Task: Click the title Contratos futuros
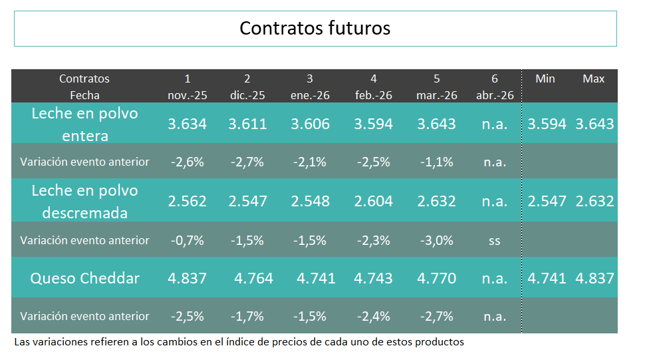(315, 28)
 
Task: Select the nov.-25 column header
(187, 95)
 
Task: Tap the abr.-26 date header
(495, 95)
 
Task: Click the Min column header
(545, 79)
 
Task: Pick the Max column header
(594, 79)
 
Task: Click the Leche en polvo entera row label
(84, 124)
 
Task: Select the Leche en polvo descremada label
(84, 202)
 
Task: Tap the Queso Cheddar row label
(84, 278)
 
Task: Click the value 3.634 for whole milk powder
(187, 124)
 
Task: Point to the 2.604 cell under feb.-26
(374, 201)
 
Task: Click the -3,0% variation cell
(436, 240)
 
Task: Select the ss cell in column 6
(494, 240)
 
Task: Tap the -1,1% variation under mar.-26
(436, 162)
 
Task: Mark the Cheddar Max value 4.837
(594, 278)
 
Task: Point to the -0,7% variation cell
(187, 240)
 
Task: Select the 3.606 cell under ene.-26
(310, 124)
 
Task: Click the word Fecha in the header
(84, 95)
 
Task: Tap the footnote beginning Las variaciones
(239, 342)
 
